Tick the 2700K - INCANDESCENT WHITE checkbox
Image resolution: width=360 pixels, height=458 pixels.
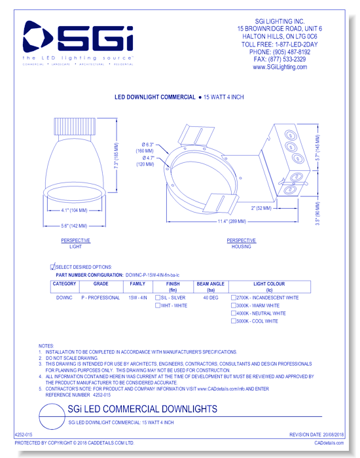(234, 298)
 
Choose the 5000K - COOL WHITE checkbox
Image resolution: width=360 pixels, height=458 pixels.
(234, 321)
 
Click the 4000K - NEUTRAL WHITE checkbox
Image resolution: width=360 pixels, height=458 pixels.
(234, 313)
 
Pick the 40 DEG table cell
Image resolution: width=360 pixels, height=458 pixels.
(211, 298)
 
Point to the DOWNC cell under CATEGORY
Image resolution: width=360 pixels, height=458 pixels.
(64, 298)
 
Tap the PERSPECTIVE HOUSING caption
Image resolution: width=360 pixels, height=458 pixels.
(241, 243)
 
